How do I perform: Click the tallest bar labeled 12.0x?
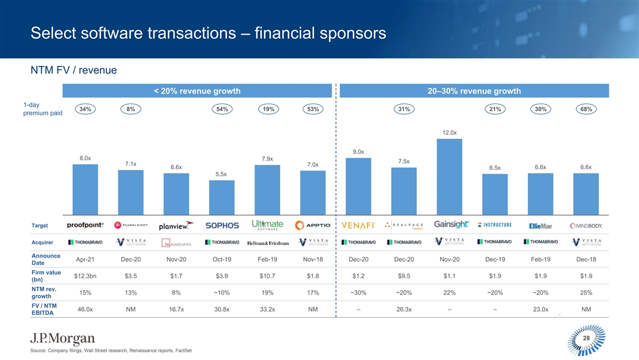pyautogui.click(x=449, y=176)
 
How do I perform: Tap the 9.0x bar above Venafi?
pyautogui.click(x=359, y=186)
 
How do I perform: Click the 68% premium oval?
pyautogui.click(x=586, y=109)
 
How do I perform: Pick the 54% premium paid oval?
pyautogui.click(x=222, y=109)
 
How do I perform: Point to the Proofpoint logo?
pyautogui.click(x=85, y=225)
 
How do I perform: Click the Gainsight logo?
pyautogui.click(x=451, y=224)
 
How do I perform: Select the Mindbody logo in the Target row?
pyautogui.click(x=586, y=225)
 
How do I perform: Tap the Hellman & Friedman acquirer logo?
pyautogui.click(x=268, y=243)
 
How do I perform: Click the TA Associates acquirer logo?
pyautogui.click(x=176, y=244)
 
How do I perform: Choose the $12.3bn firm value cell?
pyautogui.click(x=85, y=276)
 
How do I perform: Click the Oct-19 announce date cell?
pyautogui.click(x=222, y=259)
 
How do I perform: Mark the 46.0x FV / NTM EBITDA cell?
pyautogui.click(x=85, y=309)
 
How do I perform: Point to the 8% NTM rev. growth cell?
pyautogui.click(x=176, y=292)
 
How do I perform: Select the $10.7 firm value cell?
pyautogui.click(x=268, y=276)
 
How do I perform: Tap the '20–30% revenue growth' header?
pyautogui.click(x=473, y=91)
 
